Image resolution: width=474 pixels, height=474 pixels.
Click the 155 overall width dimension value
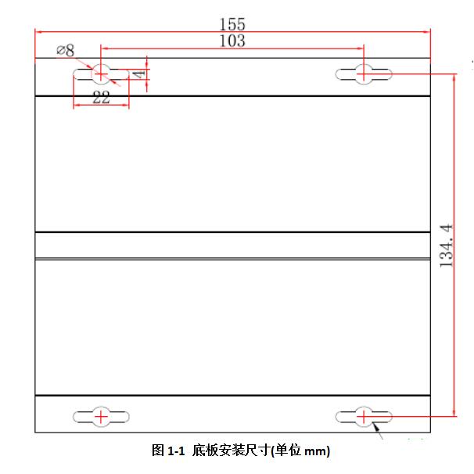pyautogui.click(x=232, y=24)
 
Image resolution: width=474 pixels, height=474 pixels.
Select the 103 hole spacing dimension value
pyautogui.click(x=232, y=41)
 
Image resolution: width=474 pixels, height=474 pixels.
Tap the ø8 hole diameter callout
pyautogui.click(x=65, y=50)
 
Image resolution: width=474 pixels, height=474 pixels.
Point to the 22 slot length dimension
pyautogui.click(x=101, y=97)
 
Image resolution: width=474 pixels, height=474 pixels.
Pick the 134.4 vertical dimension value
pyautogui.click(x=446, y=246)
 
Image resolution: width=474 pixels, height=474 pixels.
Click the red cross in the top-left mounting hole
pyautogui.click(x=101, y=74)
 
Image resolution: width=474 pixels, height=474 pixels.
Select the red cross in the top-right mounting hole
pyautogui.click(x=364, y=74)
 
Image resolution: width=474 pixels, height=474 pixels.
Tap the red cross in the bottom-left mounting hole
pyautogui.click(x=101, y=417)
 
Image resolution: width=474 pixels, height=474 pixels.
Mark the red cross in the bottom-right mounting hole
pyautogui.click(x=364, y=417)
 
